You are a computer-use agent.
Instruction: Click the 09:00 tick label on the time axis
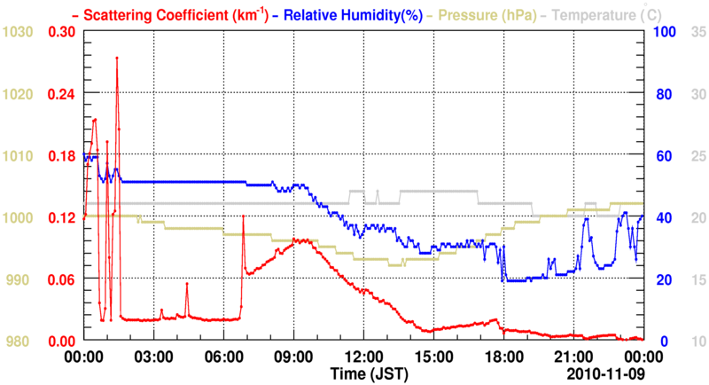pyautogui.click(x=293, y=356)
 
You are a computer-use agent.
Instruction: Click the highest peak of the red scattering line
pyautogui.click(x=117, y=59)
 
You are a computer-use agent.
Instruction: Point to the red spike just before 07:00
pyautogui.click(x=243, y=216)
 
